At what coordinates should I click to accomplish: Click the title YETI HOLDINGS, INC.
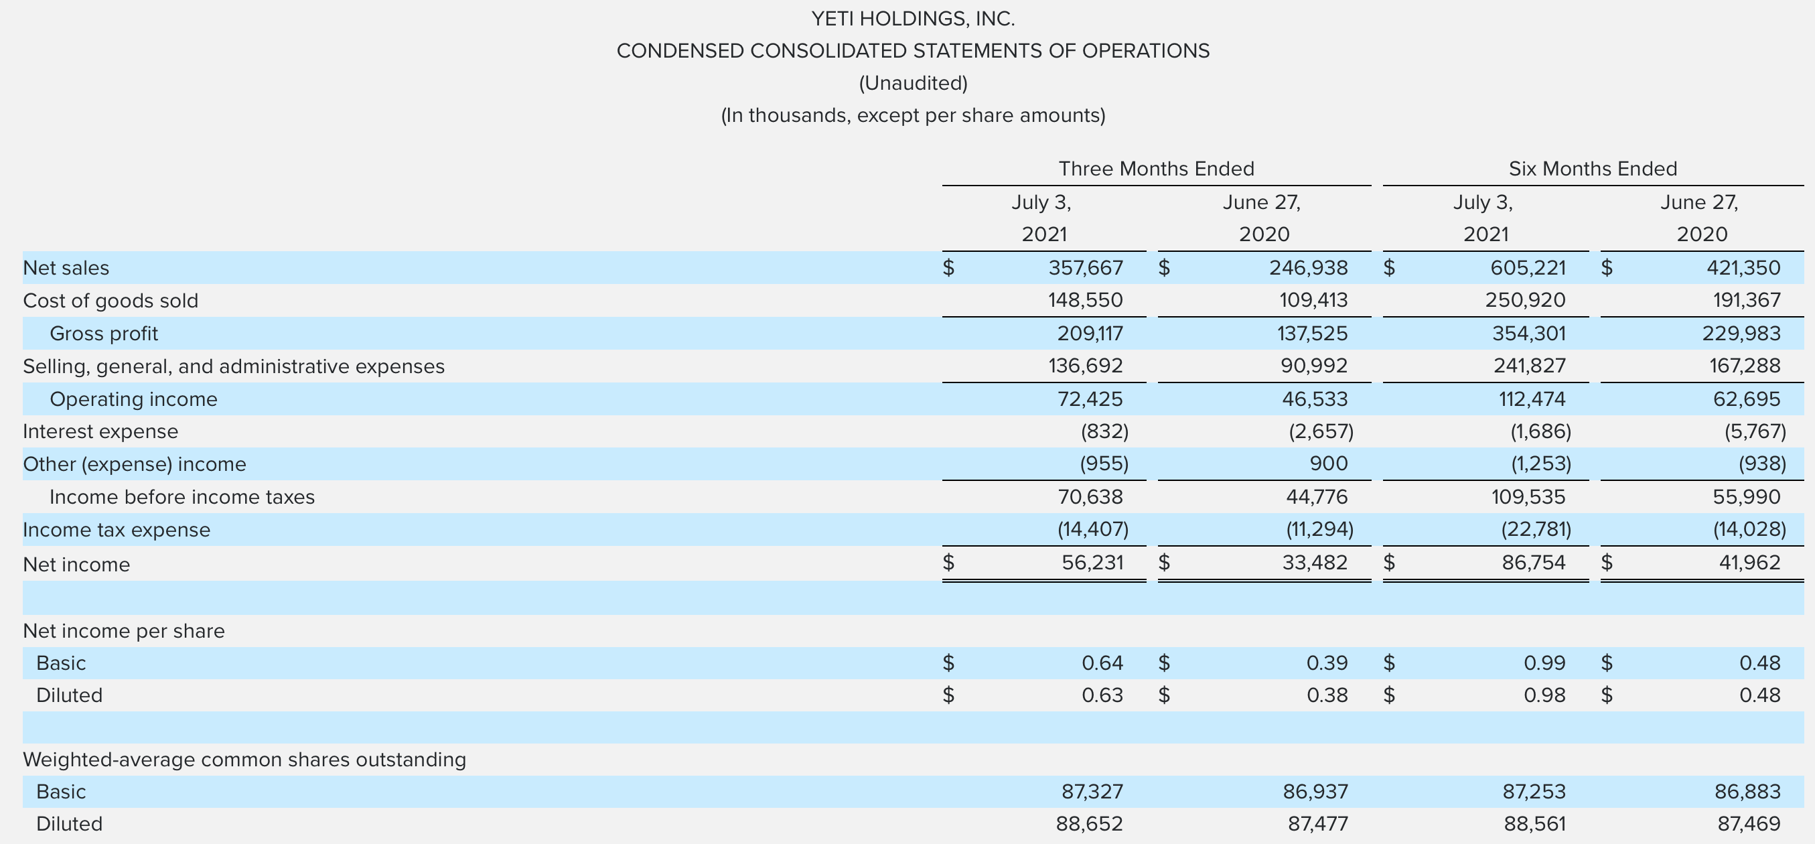(912, 19)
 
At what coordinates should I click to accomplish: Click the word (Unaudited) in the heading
(912, 83)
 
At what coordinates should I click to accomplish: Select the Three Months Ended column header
(1155, 169)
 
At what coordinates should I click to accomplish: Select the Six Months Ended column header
(1593, 169)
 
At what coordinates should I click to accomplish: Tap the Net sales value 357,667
(1085, 268)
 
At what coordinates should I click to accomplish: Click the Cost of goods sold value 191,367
(1746, 301)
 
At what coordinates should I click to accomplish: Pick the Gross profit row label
(104, 333)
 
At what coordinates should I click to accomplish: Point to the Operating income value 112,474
(1528, 399)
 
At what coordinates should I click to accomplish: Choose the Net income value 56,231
(1092, 563)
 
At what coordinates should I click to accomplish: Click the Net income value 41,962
(1749, 563)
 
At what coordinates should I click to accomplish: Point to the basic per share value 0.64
(1102, 663)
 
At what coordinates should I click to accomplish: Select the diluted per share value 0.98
(1544, 695)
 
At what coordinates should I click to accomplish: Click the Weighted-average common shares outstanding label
(244, 760)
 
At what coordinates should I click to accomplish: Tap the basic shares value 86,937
(1315, 792)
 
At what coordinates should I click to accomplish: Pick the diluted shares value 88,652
(1088, 823)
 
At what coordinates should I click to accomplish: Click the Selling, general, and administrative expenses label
(233, 366)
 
